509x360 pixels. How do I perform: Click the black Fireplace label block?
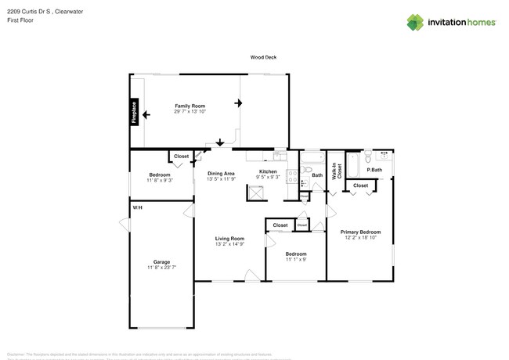pos(134,113)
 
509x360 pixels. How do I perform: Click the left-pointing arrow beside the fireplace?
pos(146,114)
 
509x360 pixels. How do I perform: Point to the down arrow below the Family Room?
pos(220,142)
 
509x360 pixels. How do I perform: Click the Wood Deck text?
pos(263,57)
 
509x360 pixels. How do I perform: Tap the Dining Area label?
pos(221,173)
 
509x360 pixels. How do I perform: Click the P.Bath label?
pos(374,170)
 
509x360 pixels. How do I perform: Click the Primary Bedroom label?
pos(360,232)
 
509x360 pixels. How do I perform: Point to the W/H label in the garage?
pos(137,207)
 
